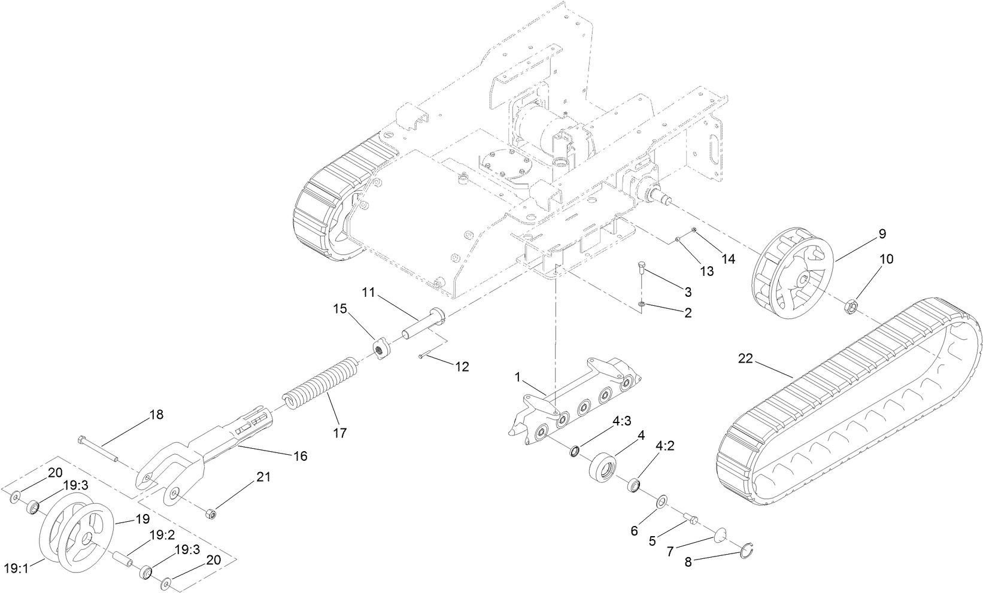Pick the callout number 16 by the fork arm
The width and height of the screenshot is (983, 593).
pos(300,456)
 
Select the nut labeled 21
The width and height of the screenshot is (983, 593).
pos(211,513)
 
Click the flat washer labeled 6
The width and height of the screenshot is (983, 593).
pos(663,500)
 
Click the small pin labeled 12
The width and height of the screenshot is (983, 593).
pos(432,355)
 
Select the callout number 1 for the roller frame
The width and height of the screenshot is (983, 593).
pos(518,378)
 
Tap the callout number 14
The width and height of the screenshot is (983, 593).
pos(727,259)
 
